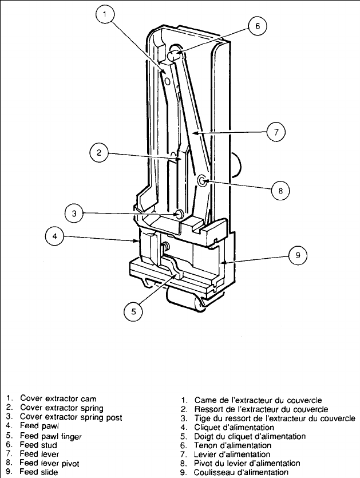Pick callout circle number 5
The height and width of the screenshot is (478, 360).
pyautogui.click(x=133, y=311)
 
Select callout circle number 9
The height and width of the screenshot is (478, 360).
pyautogui.click(x=297, y=256)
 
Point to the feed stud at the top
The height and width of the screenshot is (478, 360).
pyautogui.click(x=176, y=56)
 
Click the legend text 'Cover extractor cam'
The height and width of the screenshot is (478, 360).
pyautogui.click(x=58, y=398)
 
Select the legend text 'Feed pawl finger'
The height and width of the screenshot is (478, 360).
pyautogui.click(x=50, y=436)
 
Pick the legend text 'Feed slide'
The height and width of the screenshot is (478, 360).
pyautogui.click(x=38, y=472)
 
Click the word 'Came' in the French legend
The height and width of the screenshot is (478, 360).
pyautogui.click(x=205, y=400)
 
